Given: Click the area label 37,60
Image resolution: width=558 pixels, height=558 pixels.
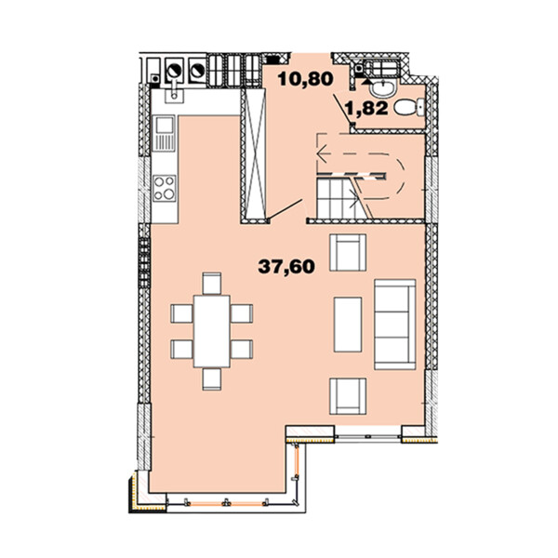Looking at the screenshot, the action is click(286, 266).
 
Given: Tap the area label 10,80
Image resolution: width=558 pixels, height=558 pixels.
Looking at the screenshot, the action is click(305, 79).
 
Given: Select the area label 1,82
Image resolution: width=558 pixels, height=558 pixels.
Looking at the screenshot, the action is click(367, 108).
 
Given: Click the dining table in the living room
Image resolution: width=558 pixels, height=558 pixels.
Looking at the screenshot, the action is click(212, 331).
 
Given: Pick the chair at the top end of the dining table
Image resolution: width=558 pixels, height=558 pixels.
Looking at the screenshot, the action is click(212, 284).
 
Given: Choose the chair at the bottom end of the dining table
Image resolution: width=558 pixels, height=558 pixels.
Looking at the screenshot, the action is click(212, 379).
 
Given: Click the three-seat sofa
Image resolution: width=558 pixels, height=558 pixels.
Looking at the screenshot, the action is click(394, 325).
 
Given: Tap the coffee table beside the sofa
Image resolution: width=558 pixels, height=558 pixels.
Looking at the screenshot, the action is click(348, 325).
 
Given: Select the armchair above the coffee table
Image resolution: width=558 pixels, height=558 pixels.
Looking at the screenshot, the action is click(348, 252).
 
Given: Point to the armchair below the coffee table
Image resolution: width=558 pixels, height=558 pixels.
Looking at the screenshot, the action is click(348, 396).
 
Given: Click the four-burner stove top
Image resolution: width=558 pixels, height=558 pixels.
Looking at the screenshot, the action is click(165, 188).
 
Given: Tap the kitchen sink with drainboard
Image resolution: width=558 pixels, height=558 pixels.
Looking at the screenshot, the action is click(164, 133).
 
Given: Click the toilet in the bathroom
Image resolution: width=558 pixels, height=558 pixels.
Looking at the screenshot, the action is click(409, 107).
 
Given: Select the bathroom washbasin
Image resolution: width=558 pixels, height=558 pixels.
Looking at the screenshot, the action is click(382, 87).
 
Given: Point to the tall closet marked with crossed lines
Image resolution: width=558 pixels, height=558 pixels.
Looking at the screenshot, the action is click(255, 153).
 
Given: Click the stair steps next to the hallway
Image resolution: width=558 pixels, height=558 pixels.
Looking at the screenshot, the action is click(337, 199).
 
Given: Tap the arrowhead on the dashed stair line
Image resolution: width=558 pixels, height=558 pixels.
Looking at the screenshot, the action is click(321, 153).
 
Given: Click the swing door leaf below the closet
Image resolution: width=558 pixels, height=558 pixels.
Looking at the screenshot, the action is click(286, 209).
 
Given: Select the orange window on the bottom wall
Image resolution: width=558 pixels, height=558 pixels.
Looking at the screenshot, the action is click(226, 503).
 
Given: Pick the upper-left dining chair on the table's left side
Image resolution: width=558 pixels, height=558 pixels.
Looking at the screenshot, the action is click(182, 313).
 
